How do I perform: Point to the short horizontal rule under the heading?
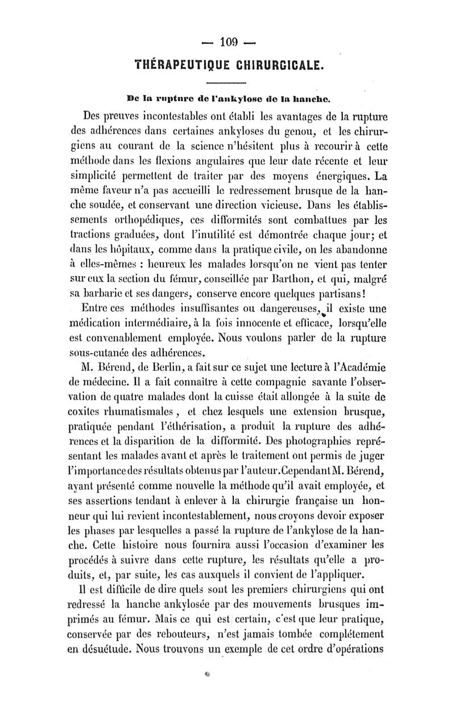[227, 82]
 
